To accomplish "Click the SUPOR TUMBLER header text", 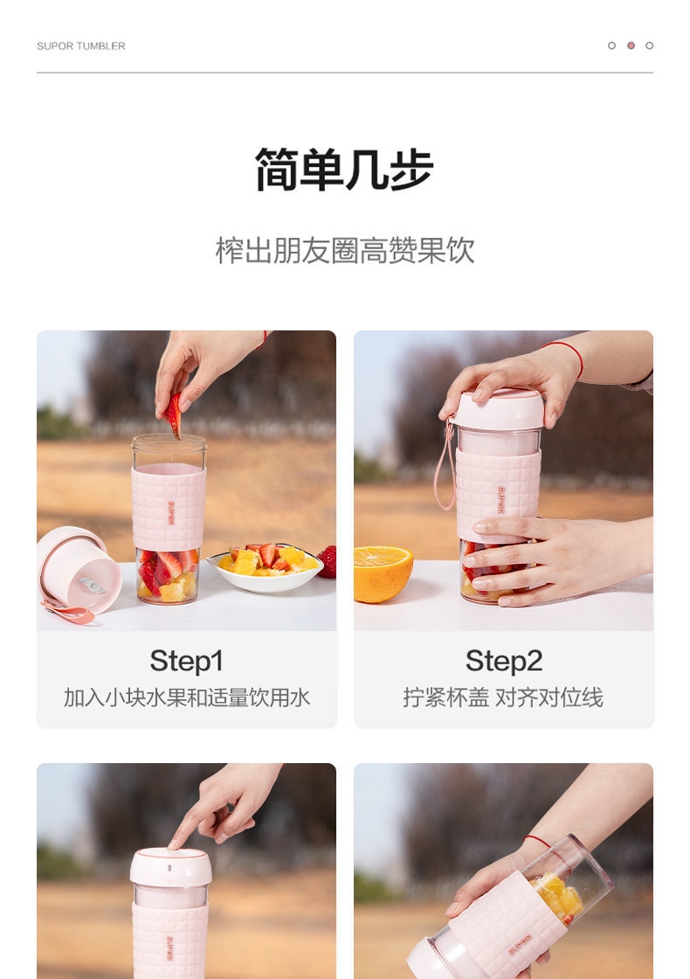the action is tap(81, 45).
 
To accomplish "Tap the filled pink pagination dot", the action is tap(631, 45).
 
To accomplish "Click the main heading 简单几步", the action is tap(344, 170).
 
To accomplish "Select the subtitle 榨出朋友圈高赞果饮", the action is tap(344, 250).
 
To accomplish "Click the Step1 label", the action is tap(186, 661).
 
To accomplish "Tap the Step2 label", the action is tap(503, 661).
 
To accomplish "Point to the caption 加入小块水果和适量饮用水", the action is tap(187, 698).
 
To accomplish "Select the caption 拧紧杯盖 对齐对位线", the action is tap(503, 698).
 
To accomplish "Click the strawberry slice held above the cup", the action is tap(174, 414).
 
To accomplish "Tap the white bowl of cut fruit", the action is tap(266, 569).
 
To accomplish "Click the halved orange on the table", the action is tap(383, 573).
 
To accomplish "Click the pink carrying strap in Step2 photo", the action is tap(445, 465).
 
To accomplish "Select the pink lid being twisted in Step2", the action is tap(498, 410).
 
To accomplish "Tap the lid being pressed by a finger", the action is tap(170, 866).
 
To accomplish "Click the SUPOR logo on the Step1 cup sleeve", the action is tap(170, 513).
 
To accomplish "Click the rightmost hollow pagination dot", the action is tap(650, 45).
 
